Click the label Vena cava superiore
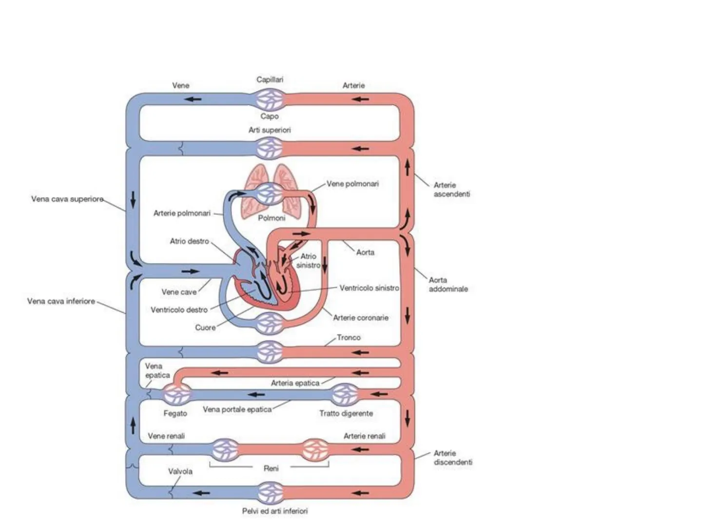(x=67, y=199)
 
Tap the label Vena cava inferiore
(x=61, y=301)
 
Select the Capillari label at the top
(x=270, y=79)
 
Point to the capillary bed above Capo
(x=270, y=99)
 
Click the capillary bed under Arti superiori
(x=270, y=148)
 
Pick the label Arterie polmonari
(x=182, y=213)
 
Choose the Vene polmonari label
(x=352, y=184)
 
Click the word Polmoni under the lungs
(x=272, y=218)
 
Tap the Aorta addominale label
(x=448, y=284)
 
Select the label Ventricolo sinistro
(x=369, y=288)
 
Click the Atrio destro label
(x=189, y=241)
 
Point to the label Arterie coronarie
(x=361, y=318)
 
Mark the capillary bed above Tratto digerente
(x=345, y=394)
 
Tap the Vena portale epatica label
(x=237, y=410)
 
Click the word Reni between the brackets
(x=271, y=468)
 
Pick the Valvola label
(x=180, y=471)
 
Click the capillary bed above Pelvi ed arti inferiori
(x=270, y=492)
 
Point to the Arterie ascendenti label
(x=451, y=189)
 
